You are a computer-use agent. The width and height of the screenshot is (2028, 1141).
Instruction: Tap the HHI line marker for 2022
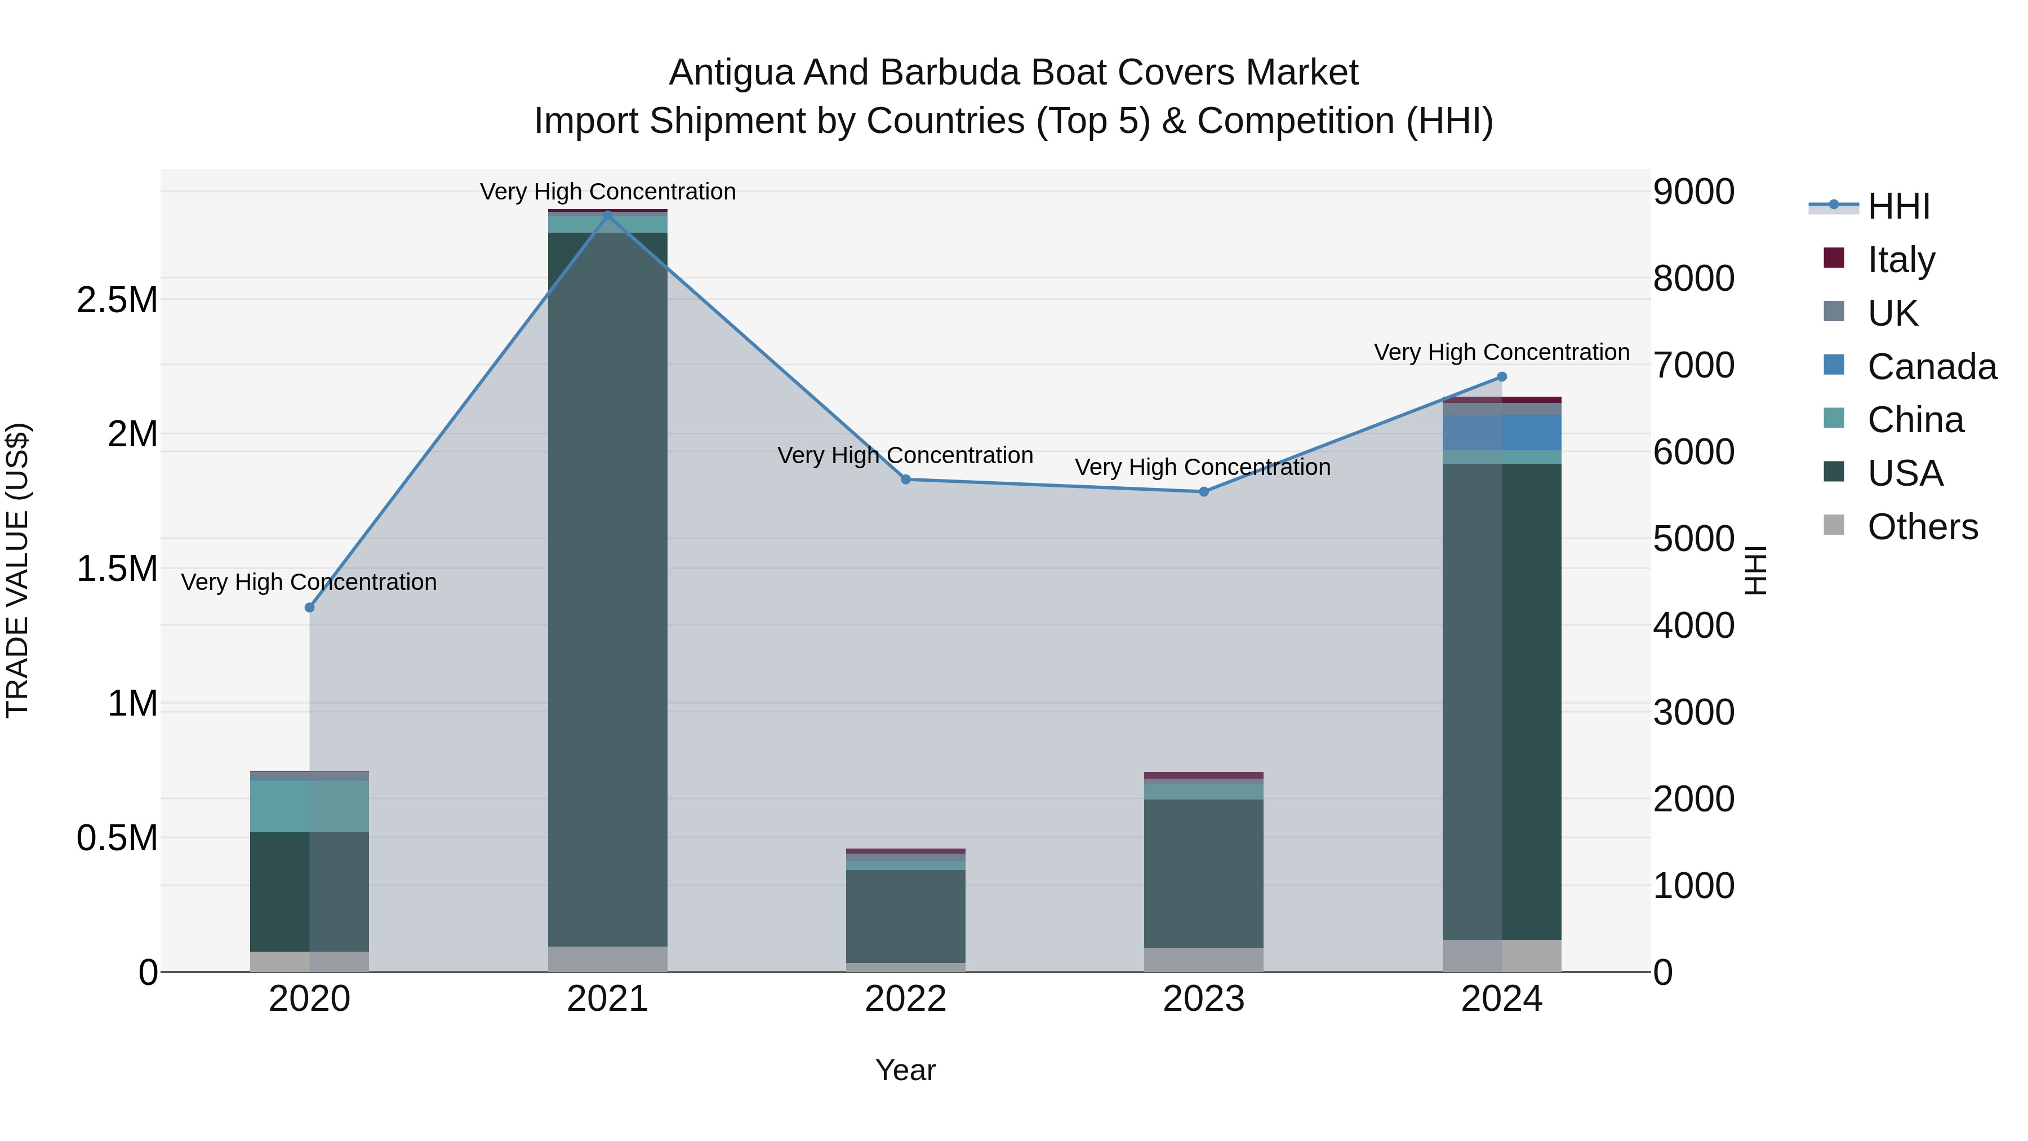tap(905, 479)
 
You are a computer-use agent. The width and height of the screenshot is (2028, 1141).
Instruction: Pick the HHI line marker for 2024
tap(1501, 377)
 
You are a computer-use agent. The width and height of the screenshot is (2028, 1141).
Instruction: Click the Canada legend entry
tap(1931, 367)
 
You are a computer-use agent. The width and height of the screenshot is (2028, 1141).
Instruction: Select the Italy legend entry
tap(1901, 259)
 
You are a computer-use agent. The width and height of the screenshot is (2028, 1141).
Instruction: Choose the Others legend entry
tap(1922, 526)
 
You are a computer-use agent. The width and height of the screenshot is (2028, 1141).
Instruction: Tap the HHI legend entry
tap(1898, 206)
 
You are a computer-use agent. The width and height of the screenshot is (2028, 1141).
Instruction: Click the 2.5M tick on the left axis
tap(117, 300)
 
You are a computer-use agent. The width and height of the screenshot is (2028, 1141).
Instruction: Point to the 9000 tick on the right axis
tap(1693, 192)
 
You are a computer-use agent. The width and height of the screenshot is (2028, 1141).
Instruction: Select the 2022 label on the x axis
tap(905, 999)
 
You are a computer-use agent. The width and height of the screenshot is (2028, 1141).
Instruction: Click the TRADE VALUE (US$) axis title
tap(18, 570)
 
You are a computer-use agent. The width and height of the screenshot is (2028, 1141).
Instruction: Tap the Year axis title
tap(905, 1070)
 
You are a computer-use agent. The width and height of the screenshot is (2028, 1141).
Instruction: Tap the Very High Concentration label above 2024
tap(1501, 352)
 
